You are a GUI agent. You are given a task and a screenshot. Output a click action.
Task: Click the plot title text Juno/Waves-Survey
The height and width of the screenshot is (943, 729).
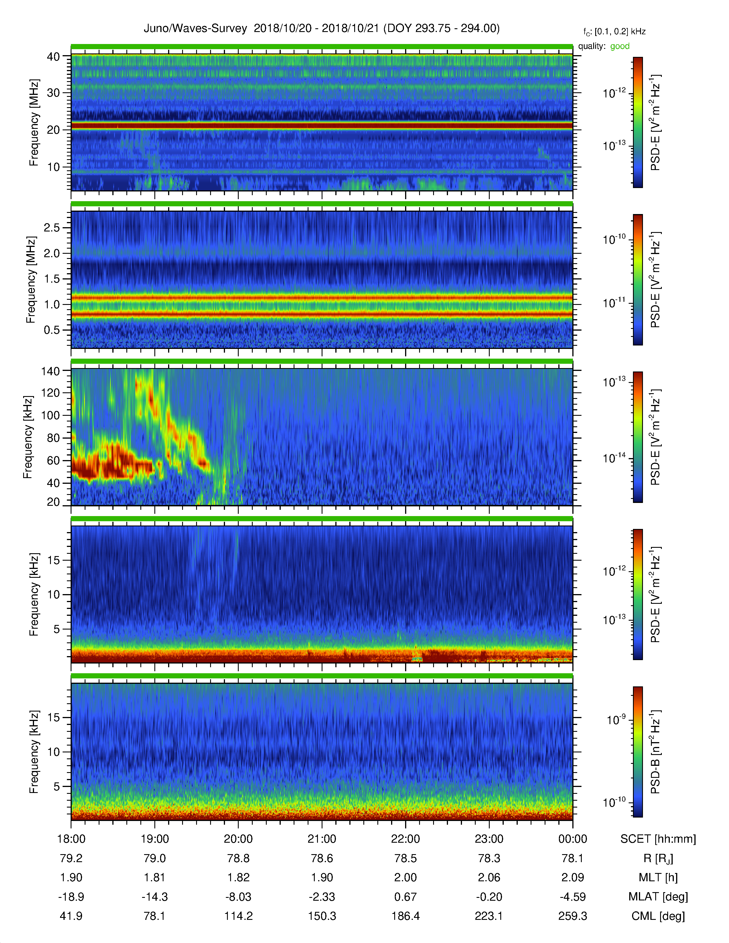pos(195,29)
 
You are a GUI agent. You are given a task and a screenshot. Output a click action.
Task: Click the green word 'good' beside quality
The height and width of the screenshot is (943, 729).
pos(620,46)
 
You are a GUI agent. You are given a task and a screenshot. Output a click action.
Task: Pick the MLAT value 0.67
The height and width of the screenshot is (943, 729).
pos(406,897)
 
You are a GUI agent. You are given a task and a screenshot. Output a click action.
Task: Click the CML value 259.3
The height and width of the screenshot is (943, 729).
pos(573,916)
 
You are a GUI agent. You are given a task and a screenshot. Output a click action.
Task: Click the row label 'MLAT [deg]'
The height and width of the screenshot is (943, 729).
pos(658,897)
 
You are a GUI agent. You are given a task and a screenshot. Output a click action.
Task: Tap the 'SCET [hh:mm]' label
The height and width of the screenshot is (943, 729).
pos(658,839)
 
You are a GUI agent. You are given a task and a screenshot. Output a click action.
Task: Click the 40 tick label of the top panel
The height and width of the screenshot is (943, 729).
pos(53,57)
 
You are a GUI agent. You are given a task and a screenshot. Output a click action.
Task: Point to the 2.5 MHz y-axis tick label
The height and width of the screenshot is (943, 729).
pos(52,227)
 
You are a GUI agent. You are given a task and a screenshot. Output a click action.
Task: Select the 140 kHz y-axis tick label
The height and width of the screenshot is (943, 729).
pos(50,371)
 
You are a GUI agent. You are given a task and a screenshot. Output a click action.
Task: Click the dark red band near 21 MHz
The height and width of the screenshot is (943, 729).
pos(322,126)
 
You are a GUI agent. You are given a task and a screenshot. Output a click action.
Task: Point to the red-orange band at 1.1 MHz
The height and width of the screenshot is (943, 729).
pos(322,297)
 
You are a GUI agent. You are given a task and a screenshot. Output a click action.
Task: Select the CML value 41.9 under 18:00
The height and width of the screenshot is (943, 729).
pos(71,916)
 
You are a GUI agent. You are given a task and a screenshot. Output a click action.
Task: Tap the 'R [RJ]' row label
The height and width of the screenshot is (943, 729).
pos(658,858)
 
